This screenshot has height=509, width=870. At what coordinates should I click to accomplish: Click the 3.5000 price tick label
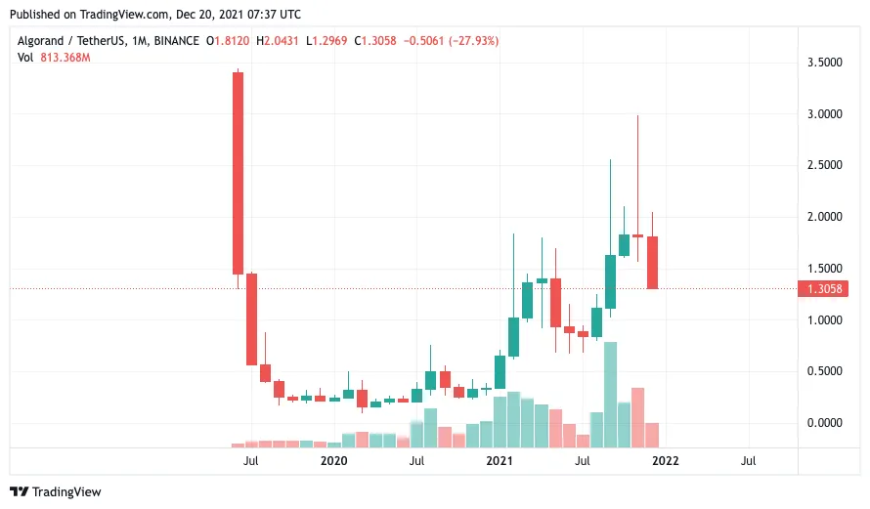point(822,63)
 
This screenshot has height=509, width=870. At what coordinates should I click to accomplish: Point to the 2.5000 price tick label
point(822,165)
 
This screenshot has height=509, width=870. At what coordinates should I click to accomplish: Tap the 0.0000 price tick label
point(822,423)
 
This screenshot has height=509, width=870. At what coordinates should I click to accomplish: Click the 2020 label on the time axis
point(334,460)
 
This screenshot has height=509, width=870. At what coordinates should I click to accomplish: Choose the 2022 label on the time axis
point(666,460)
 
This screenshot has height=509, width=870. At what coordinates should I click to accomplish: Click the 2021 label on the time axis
point(500,460)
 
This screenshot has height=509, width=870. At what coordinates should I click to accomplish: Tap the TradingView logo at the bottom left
point(56,491)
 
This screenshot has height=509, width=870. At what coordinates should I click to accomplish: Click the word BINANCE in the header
point(176,41)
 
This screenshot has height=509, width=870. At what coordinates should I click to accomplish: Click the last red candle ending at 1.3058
point(652,262)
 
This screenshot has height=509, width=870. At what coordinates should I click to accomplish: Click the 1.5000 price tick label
point(822,269)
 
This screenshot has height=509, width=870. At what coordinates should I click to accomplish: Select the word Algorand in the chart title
point(45,41)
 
